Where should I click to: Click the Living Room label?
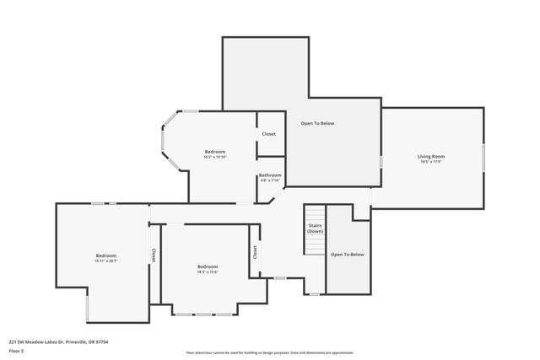[431, 156]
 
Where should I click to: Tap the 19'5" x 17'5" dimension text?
[431, 162]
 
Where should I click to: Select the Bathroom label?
[270, 175]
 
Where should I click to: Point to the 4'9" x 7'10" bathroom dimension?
[270, 180]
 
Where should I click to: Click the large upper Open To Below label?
[318, 124]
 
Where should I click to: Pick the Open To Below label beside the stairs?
[347, 254]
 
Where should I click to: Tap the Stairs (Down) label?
[315, 228]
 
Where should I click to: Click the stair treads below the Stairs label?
[315, 244]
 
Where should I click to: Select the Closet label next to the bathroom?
[268, 134]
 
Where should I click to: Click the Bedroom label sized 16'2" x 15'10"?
[214, 152]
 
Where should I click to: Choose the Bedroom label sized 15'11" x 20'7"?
[105, 255]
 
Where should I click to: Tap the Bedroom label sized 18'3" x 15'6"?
[208, 266]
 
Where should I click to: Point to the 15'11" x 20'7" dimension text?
[105, 261]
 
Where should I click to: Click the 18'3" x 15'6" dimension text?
[208, 271]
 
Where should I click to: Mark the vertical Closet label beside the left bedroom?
[153, 254]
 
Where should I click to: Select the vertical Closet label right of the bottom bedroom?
[254, 251]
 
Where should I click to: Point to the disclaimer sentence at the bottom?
[269, 352]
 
